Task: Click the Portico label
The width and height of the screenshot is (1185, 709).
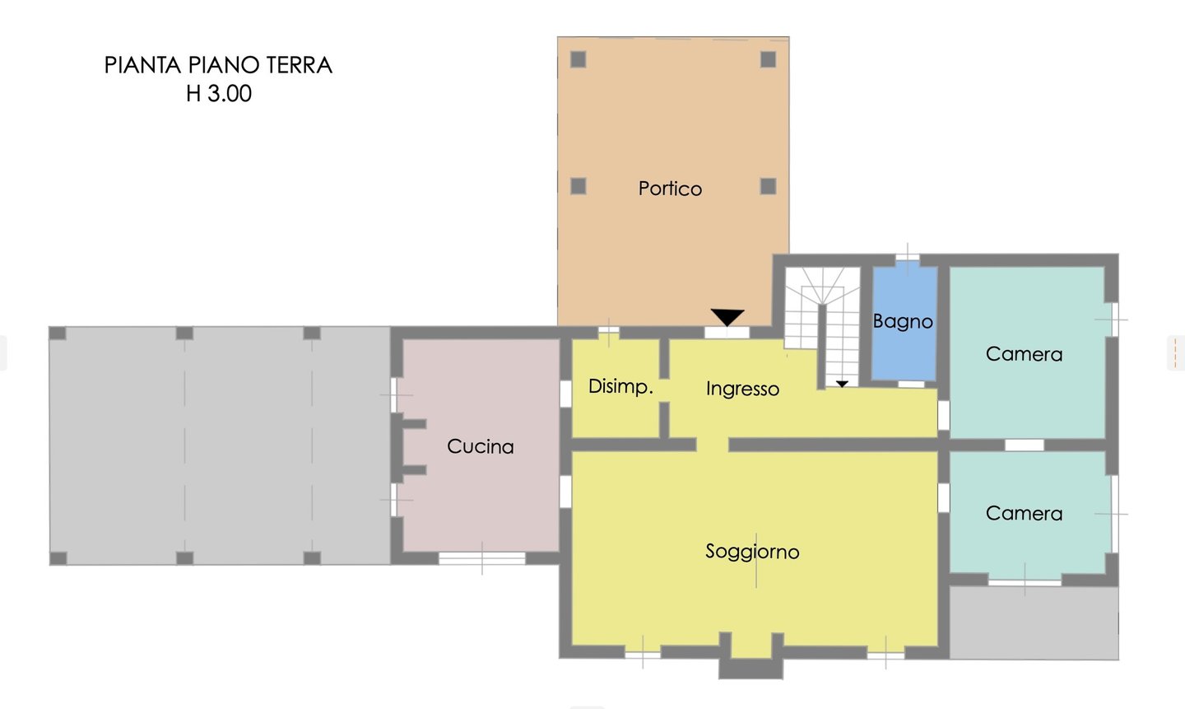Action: point(670,189)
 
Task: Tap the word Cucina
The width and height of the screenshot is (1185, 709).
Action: point(481,446)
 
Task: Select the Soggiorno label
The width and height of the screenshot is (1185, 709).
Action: point(752,552)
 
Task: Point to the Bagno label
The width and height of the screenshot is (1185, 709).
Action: point(903,321)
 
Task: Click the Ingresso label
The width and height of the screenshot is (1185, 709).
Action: point(743,389)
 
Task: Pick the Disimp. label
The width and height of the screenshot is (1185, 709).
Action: point(620,386)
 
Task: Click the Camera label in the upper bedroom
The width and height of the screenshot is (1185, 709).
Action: point(1025,354)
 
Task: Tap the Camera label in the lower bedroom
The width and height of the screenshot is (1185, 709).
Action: point(1025,513)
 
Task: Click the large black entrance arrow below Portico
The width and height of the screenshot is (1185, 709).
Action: point(727,317)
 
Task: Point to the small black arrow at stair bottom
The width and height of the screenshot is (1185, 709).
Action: point(842,384)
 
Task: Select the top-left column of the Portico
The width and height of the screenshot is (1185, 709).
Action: point(579,59)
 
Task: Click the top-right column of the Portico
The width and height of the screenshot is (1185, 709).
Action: point(768,59)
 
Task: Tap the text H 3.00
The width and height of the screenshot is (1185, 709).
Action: point(219,94)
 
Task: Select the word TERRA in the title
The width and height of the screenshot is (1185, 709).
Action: point(299,66)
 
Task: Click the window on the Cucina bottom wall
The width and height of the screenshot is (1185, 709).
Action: point(482,558)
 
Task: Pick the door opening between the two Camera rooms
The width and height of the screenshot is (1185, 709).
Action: point(1025,445)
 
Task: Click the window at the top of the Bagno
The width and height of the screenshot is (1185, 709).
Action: point(907,259)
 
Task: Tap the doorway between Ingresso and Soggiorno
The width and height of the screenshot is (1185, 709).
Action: point(712,445)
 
